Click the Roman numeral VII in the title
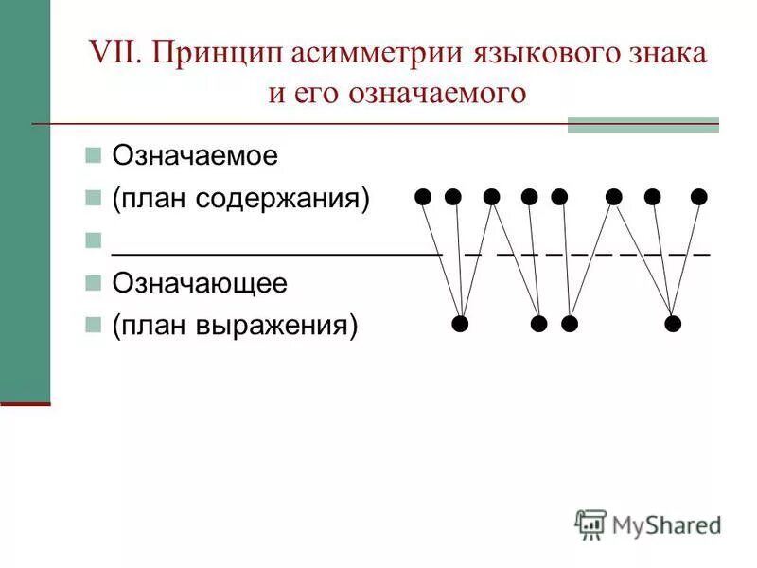(x=114, y=53)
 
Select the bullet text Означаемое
(x=195, y=155)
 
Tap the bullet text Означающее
(x=200, y=283)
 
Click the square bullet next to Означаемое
(x=93, y=155)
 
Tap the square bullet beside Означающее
(x=93, y=283)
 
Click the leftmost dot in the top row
(x=423, y=197)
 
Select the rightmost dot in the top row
(x=699, y=197)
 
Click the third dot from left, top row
(x=491, y=197)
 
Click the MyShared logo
(x=648, y=524)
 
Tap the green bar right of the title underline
(x=643, y=125)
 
